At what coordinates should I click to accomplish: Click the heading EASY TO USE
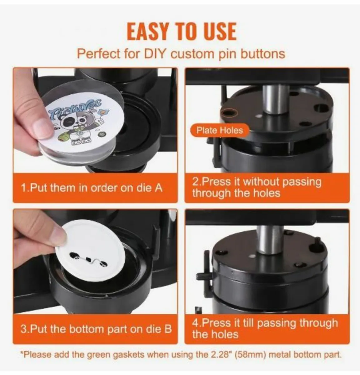coord(181,31)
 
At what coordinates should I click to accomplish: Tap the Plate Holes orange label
coord(219,130)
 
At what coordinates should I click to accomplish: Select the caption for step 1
coord(91,188)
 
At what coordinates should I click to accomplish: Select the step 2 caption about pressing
coord(257,187)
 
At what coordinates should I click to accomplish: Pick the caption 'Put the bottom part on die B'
coord(96,329)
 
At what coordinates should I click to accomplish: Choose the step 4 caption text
coord(265,328)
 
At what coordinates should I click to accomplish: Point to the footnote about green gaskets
coord(181,355)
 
